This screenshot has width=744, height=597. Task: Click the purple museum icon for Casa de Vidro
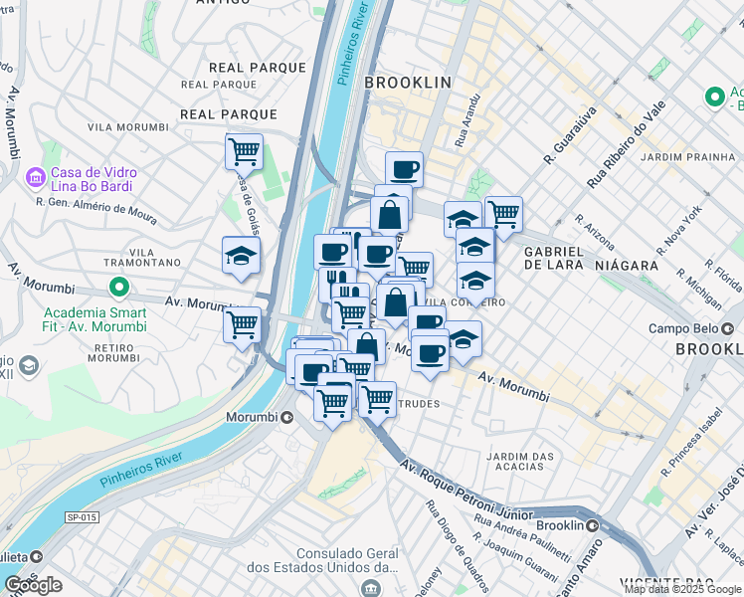pos(35,179)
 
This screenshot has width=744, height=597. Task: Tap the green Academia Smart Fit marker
pos(118,290)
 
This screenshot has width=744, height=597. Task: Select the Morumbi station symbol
pos(287,417)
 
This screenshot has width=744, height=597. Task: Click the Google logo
pos(33,585)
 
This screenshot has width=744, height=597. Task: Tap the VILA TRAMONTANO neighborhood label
pos(140,256)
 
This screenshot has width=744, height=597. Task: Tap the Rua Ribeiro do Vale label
pos(625,144)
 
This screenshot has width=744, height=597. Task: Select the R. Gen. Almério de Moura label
pos(95,206)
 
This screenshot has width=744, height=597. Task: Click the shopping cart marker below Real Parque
pos(243,153)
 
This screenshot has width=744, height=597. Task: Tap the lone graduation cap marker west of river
pos(241,257)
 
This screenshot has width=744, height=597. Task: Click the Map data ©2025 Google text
pos(682,589)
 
